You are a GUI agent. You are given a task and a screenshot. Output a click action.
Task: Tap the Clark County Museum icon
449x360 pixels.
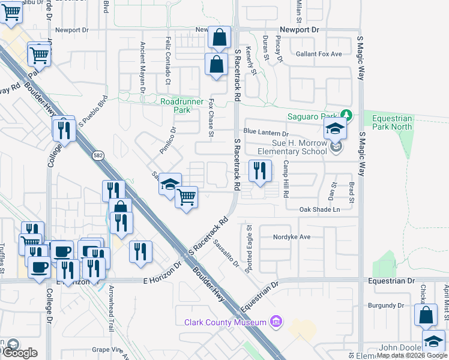(276, 323)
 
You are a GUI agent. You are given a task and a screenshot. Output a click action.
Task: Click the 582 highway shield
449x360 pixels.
(97, 155)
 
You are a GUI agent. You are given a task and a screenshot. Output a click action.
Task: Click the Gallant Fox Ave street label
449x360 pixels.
(318, 54)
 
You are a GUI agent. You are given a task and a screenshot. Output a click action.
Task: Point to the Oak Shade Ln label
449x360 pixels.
(320, 209)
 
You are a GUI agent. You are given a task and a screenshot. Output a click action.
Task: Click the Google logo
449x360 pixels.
(19, 353)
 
